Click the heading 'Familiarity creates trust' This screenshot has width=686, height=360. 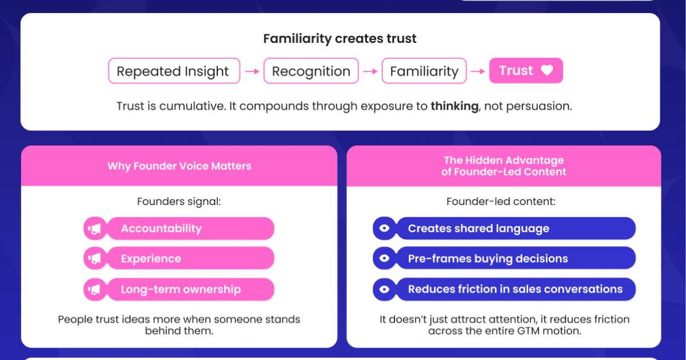click(340, 39)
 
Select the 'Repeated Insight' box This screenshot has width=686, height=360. click(174, 71)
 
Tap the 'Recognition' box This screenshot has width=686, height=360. click(311, 71)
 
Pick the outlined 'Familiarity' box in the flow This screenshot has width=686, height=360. click(424, 71)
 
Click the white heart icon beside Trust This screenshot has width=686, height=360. click(547, 70)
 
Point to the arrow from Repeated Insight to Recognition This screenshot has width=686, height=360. click(252, 71)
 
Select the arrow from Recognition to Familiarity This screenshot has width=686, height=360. click(370, 71)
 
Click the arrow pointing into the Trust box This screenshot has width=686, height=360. click(478, 71)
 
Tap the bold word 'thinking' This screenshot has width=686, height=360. click(454, 106)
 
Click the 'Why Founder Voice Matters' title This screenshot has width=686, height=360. click(179, 166)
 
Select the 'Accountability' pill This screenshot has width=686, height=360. click(190, 229)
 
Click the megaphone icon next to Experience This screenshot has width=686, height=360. click(95, 258)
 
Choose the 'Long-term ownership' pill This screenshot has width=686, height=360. click(190, 289)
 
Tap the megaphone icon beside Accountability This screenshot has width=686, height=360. click(95, 229)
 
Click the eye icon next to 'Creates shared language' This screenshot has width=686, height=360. click(384, 228)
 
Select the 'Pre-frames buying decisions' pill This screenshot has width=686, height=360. click(516, 258)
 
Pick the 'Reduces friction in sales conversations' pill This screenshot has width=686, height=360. click(516, 289)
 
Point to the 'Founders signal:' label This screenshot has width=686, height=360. click(179, 202)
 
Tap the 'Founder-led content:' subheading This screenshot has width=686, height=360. click(501, 201)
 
